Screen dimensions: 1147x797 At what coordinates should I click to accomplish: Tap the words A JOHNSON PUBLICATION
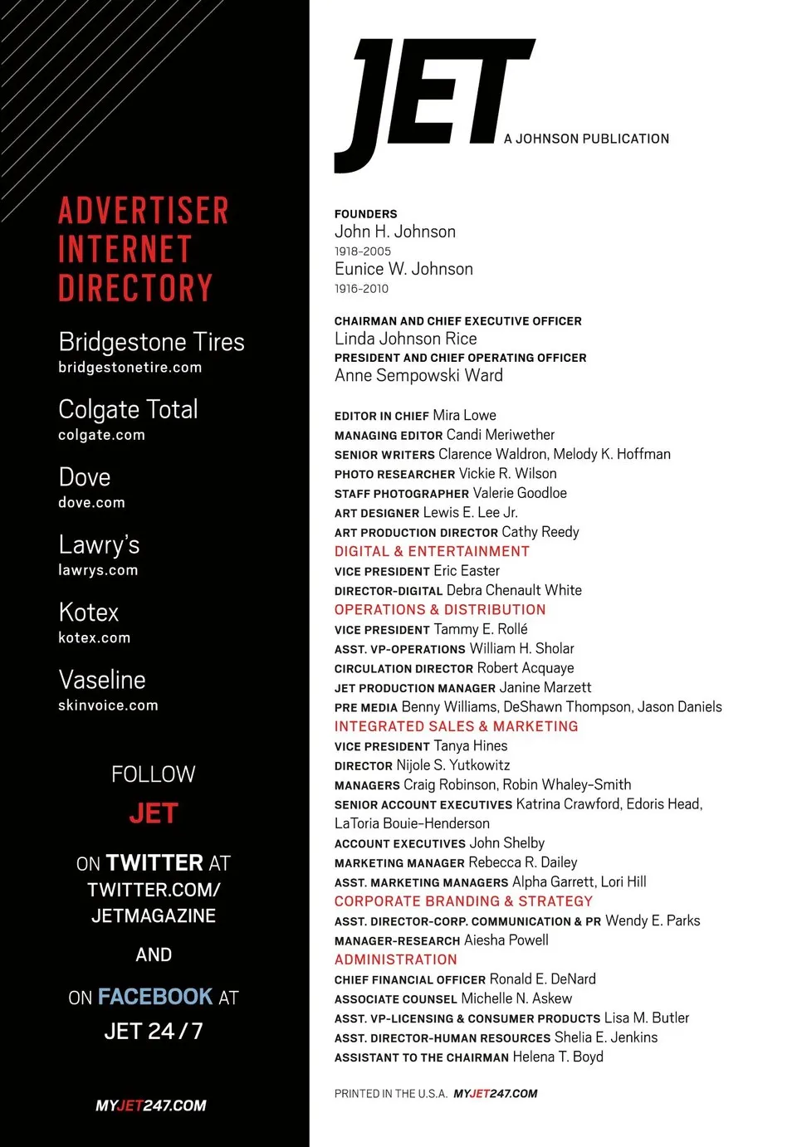[x=586, y=139]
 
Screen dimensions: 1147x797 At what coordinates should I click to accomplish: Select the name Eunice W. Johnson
[x=403, y=269]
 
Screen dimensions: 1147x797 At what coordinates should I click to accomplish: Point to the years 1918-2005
[x=362, y=251]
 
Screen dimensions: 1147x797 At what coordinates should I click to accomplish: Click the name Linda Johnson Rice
[x=405, y=339]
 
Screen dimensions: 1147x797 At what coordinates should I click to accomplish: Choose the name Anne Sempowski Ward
[x=418, y=375]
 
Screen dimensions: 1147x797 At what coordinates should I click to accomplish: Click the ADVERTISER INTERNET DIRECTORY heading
[x=143, y=249]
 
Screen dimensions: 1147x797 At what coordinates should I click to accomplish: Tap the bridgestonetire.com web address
[x=130, y=367]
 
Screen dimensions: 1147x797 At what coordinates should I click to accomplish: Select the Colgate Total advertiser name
[x=128, y=409]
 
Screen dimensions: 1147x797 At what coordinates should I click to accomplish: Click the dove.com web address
[x=91, y=502]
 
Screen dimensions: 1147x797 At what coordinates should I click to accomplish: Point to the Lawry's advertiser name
[x=99, y=544]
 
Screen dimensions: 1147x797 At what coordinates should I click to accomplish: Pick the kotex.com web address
[x=94, y=637]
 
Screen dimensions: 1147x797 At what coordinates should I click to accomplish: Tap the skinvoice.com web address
[x=108, y=705]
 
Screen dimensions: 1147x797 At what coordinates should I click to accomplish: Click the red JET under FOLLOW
[x=154, y=813]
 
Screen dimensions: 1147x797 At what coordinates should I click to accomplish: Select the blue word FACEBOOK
[x=155, y=996]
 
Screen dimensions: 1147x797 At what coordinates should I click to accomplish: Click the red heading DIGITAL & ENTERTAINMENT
[x=432, y=551]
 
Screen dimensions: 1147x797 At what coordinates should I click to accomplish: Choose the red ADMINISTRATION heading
[x=395, y=959]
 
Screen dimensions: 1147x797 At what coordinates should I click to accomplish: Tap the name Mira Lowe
[x=464, y=415]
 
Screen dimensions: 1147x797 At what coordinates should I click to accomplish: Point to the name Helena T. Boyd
[x=558, y=1057]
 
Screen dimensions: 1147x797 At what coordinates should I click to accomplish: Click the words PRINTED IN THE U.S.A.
[x=390, y=1094]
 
